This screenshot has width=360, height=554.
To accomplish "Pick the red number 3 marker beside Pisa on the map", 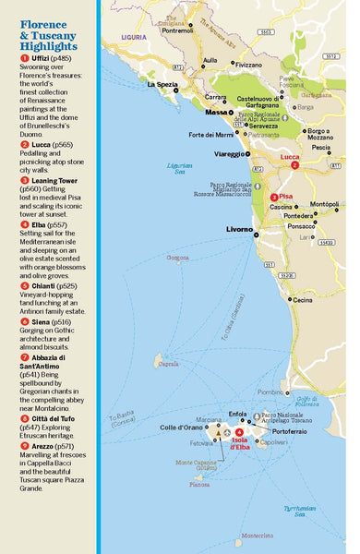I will [x=273, y=198].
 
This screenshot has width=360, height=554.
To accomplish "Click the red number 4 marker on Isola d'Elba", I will [x=239, y=432].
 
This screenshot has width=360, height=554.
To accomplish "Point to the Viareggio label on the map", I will [x=231, y=153].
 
